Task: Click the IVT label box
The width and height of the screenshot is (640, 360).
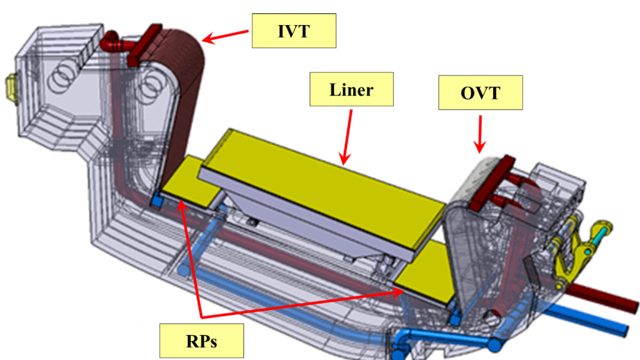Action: point(294,31)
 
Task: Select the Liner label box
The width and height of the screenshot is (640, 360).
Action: point(351,89)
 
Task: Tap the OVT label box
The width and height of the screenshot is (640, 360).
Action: point(481,92)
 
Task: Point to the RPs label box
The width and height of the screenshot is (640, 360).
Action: point(202,341)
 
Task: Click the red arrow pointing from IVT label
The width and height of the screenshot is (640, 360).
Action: point(225,36)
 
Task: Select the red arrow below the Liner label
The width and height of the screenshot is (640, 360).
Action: point(347,137)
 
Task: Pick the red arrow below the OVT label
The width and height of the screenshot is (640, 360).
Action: point(480,134)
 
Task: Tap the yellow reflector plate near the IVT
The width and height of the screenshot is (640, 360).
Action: point(187,182)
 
